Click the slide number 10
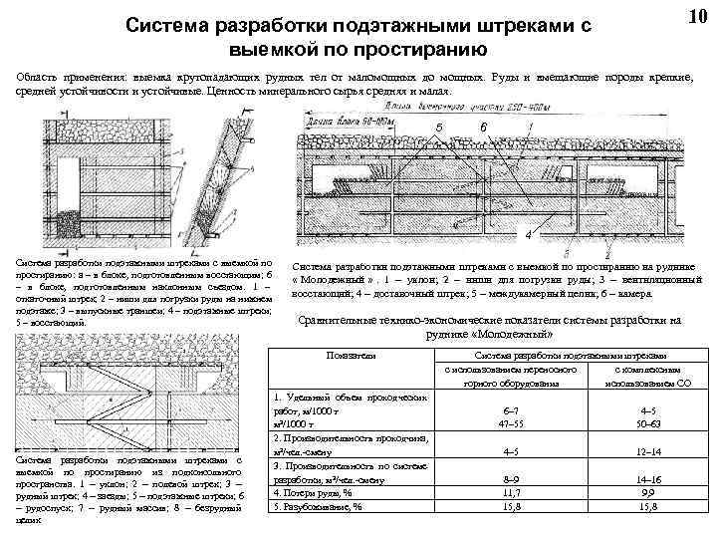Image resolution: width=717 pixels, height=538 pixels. (697, 18)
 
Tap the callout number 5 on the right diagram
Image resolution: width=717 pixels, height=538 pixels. (438, 128)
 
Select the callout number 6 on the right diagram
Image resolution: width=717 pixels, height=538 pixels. (483, 128)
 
